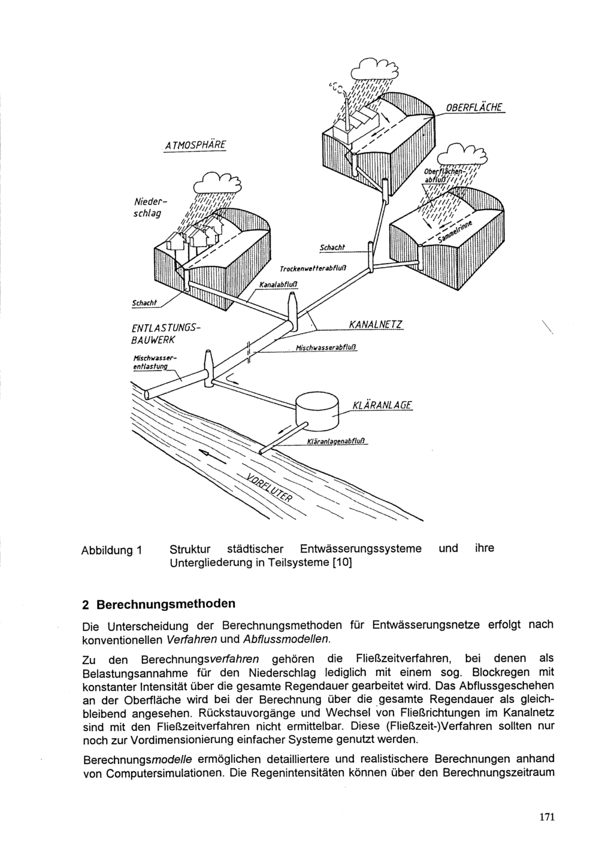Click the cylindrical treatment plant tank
(317, 409)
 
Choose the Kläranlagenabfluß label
(337, 442)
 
